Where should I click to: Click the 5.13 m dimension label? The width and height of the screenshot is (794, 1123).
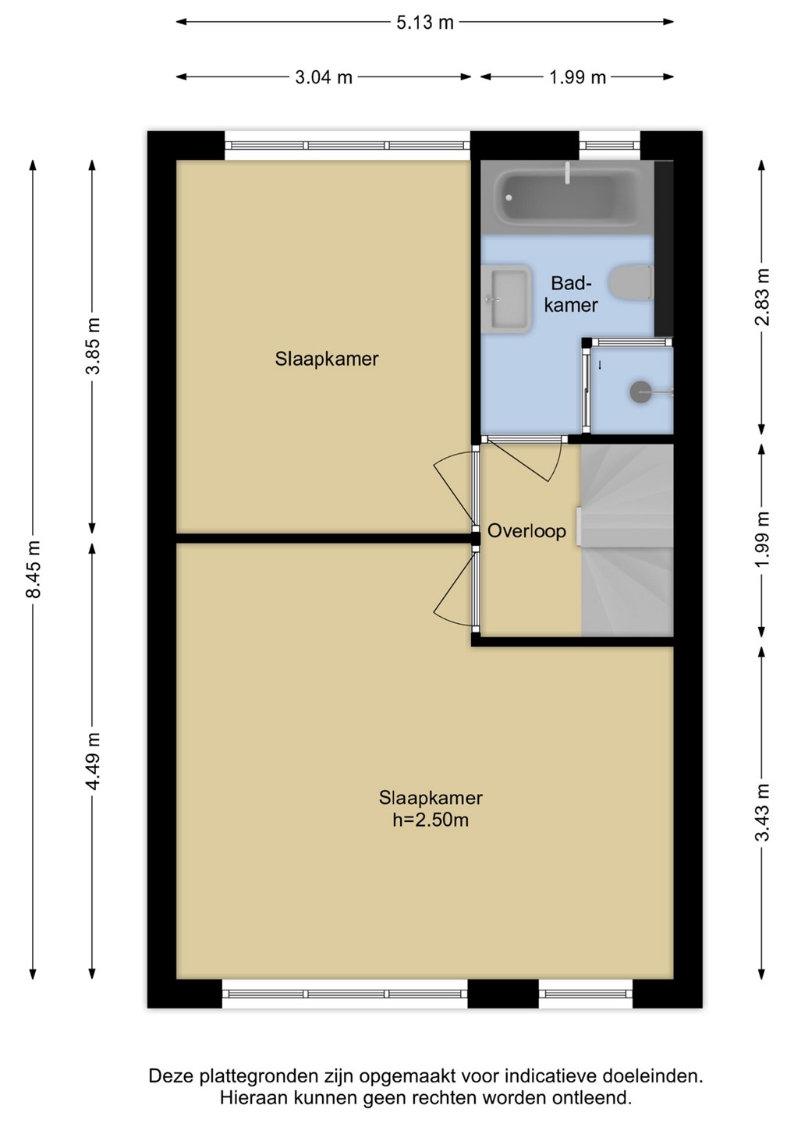coord(424,23)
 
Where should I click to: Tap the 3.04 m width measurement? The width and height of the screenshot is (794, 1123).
coord(324,77)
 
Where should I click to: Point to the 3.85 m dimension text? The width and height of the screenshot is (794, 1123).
coord(93,345)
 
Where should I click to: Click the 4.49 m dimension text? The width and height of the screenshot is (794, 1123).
coord(93,760)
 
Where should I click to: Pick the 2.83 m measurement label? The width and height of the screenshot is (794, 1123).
coord(762,297)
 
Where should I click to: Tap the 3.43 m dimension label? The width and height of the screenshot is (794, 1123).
coord(762,811)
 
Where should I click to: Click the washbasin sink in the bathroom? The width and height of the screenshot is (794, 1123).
coord(506,299)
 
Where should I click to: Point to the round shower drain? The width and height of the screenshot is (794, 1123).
coord(640,391)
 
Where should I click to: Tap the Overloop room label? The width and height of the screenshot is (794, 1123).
coord(526,531)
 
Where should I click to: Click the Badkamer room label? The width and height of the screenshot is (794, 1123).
coord(572,294)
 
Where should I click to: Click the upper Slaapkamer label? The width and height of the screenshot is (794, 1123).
coord(326,359)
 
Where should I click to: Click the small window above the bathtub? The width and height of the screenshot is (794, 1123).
coord(609,145)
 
